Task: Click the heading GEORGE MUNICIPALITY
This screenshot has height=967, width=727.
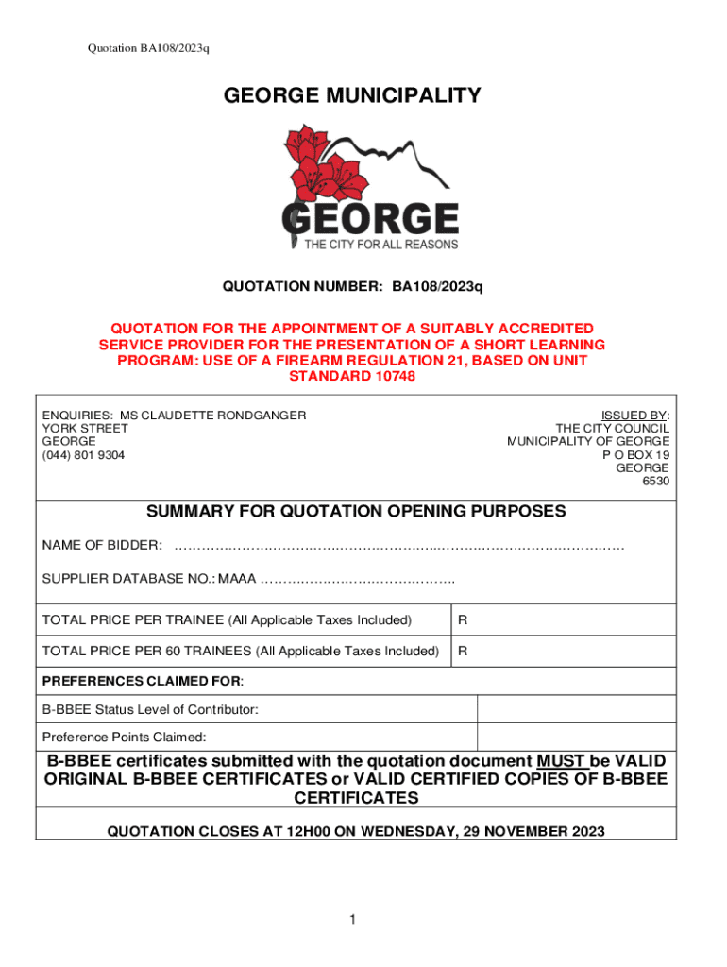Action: click(x=352, y=95)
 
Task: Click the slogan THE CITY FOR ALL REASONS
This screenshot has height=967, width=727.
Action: click(x=380, y=245)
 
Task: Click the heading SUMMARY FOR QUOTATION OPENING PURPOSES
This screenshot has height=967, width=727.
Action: click(x=356, y=512)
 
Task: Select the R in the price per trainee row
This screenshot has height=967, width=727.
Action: click(x=463, y=620)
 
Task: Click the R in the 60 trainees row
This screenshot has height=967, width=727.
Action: click(x=463, y=652)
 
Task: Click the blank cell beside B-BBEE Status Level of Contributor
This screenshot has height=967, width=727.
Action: click(x=576, y=709)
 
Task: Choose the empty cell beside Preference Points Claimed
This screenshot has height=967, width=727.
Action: click(x=576, y=737)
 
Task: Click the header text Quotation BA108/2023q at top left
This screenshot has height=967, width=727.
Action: click(x=146, y=48)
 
